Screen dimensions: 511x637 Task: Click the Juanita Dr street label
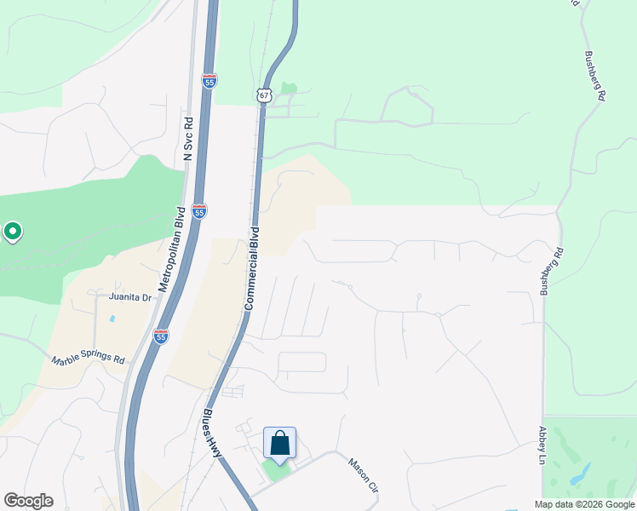pos(129,297)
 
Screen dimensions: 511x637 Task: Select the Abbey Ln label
pos(541,445)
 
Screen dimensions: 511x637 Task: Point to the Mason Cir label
pos(362,474)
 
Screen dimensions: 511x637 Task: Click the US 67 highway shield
pos(263,95)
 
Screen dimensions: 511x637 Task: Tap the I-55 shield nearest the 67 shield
pos(209,81)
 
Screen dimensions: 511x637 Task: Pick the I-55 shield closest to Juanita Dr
pos(161,336)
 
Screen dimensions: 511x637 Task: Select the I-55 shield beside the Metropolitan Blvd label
pos(198,211)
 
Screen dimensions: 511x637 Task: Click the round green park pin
pos(13,231)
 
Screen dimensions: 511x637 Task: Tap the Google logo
pos(28,501)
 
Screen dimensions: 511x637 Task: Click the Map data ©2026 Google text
pos(583,504)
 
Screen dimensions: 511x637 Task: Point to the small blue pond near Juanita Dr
pos(112,319)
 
